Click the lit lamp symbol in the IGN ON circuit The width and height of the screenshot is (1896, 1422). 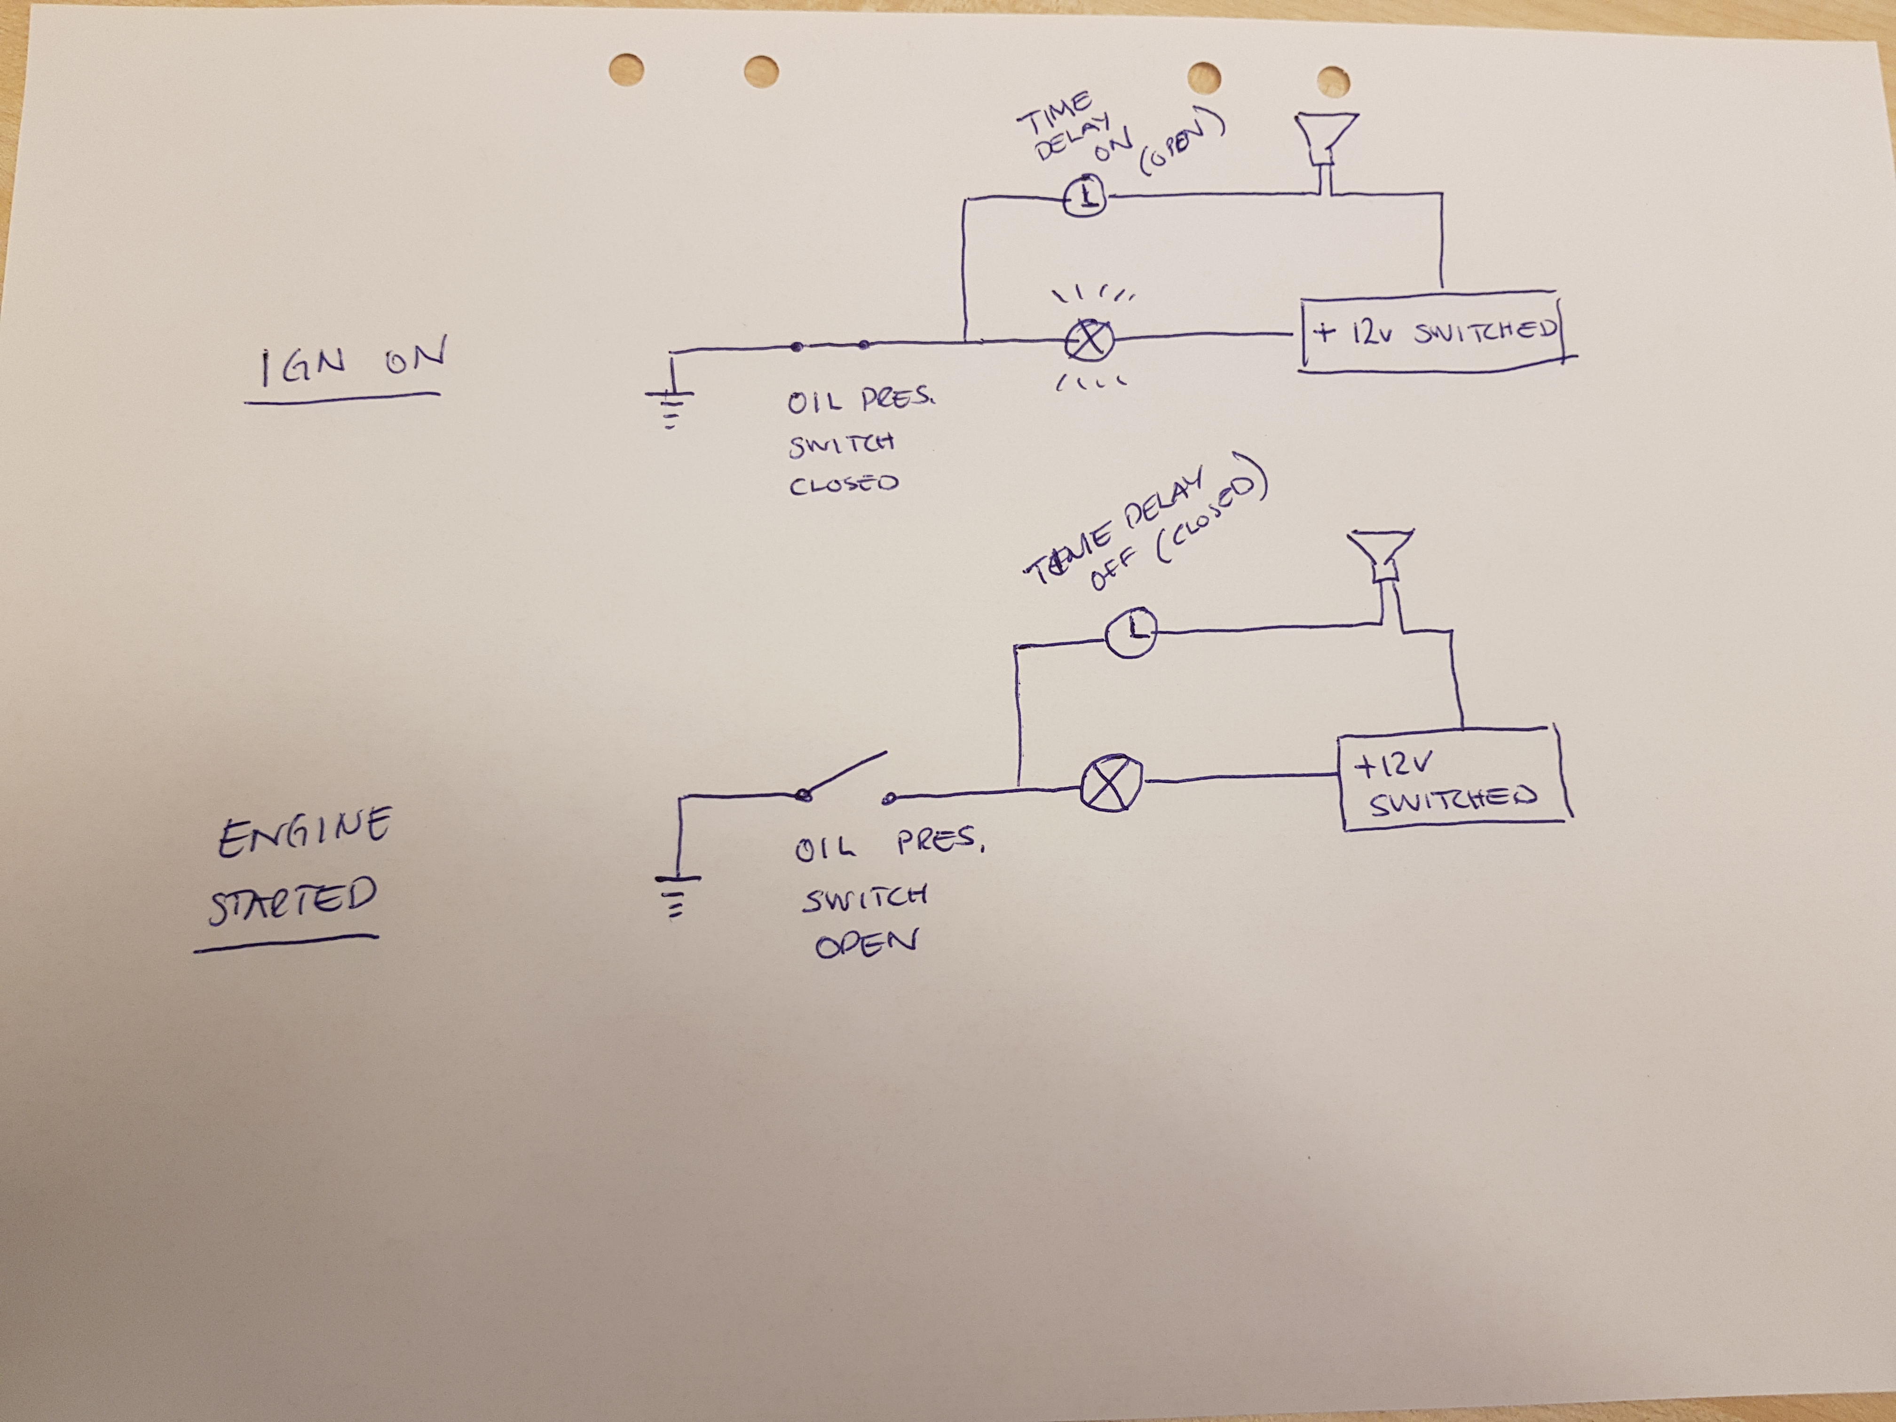(x=1090, y=340)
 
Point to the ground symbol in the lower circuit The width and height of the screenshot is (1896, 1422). (x=677, y=892)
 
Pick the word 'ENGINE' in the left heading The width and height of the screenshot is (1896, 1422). (x=304, y=831)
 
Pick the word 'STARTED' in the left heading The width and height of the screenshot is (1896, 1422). (x=292, y=902)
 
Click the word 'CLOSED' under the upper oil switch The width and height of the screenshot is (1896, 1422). (x=844, y=484)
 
